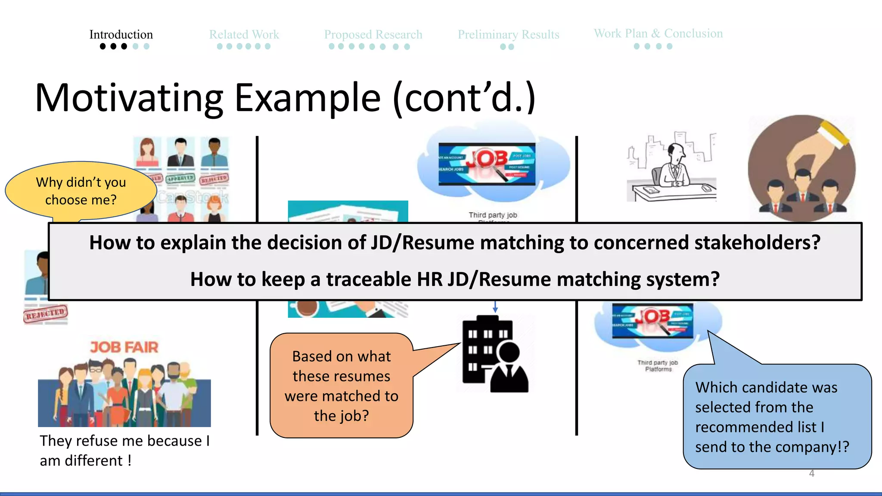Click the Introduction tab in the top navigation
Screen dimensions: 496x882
coord(121,34)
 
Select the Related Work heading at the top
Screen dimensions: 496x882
coord(244,34)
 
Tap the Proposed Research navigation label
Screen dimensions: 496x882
coord(373,34)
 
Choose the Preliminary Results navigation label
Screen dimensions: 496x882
coord(508,34)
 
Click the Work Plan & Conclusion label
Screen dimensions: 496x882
coord(658,34)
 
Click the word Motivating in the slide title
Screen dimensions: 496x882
coord(129,98)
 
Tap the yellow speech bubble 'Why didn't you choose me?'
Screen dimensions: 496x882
coord(81,191)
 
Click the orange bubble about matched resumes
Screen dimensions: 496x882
coord(341,386)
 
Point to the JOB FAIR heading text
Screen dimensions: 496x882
coord(124,347)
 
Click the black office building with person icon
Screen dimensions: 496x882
coord(494,354)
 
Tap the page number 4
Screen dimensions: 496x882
coord(811,474)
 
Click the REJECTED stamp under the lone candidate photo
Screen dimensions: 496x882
coord(46,314)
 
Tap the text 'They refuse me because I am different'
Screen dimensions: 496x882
coord(125,450)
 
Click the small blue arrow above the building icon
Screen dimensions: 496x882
coord(495,307)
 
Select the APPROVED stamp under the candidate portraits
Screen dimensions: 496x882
coord(180,178)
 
